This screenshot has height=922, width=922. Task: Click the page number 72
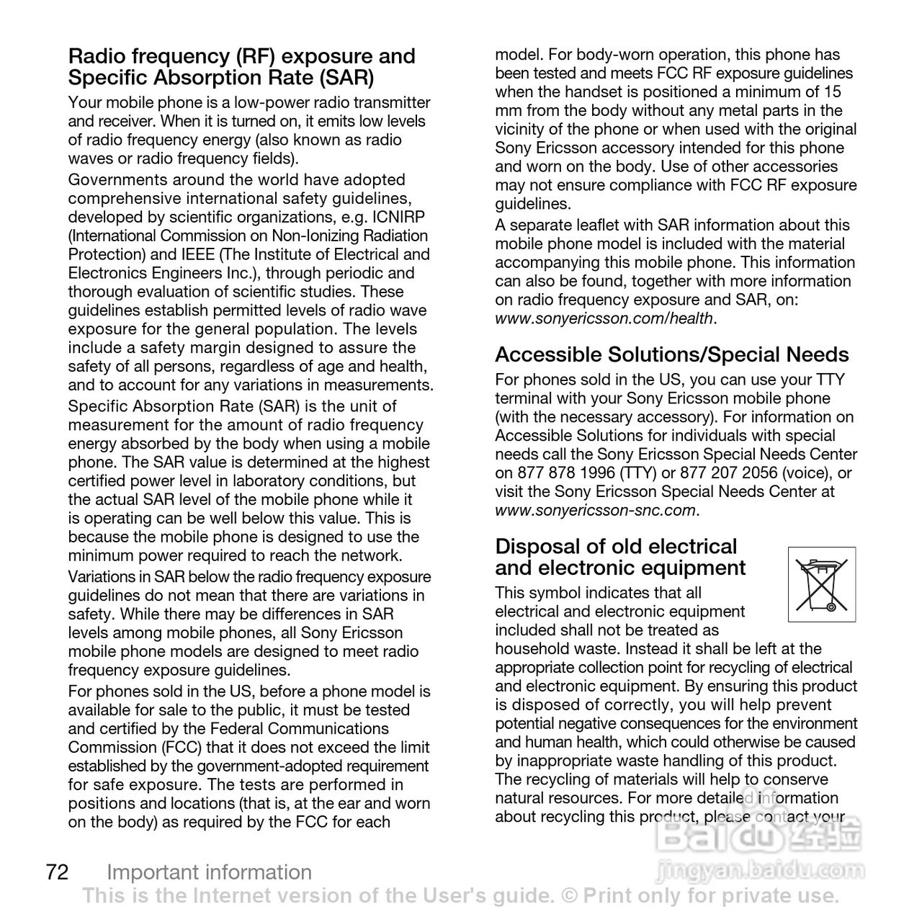tap(57, 872)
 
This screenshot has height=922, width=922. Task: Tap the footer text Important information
tap(209, 872)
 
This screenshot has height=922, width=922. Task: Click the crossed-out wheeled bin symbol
tap(822, 584)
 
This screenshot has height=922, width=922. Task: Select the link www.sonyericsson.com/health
tap(604, 318)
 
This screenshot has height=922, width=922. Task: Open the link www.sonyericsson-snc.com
tap(595, 511)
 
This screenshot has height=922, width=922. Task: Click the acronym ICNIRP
tap(399, 218)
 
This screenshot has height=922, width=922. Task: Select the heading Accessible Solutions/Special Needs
tap(671, 354)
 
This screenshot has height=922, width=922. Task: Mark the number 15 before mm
tap(832, 92)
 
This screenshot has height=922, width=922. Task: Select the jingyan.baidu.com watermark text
tap(761, 871)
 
